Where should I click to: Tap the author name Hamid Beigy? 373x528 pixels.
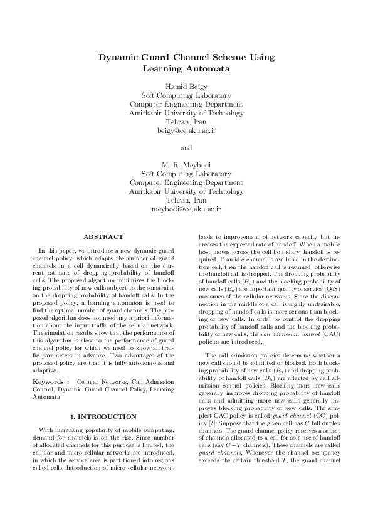(x=186, y=87)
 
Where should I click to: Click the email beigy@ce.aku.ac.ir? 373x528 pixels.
(x=186, y=131)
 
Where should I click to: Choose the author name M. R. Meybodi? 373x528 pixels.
(x=186, y=165)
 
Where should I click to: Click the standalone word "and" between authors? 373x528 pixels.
(x=186, y=149)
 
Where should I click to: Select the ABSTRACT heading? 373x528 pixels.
(x=103, y=236)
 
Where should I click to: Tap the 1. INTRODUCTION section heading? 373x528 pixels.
(x=103, y=398)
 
